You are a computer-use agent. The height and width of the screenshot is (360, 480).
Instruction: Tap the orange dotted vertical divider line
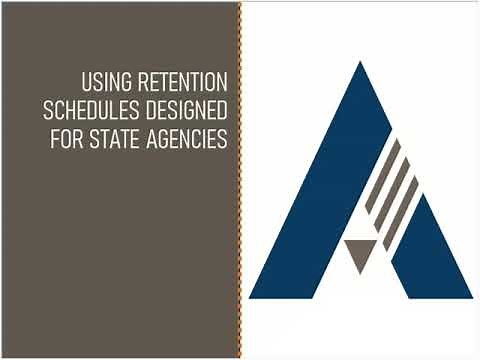click(240, 180)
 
